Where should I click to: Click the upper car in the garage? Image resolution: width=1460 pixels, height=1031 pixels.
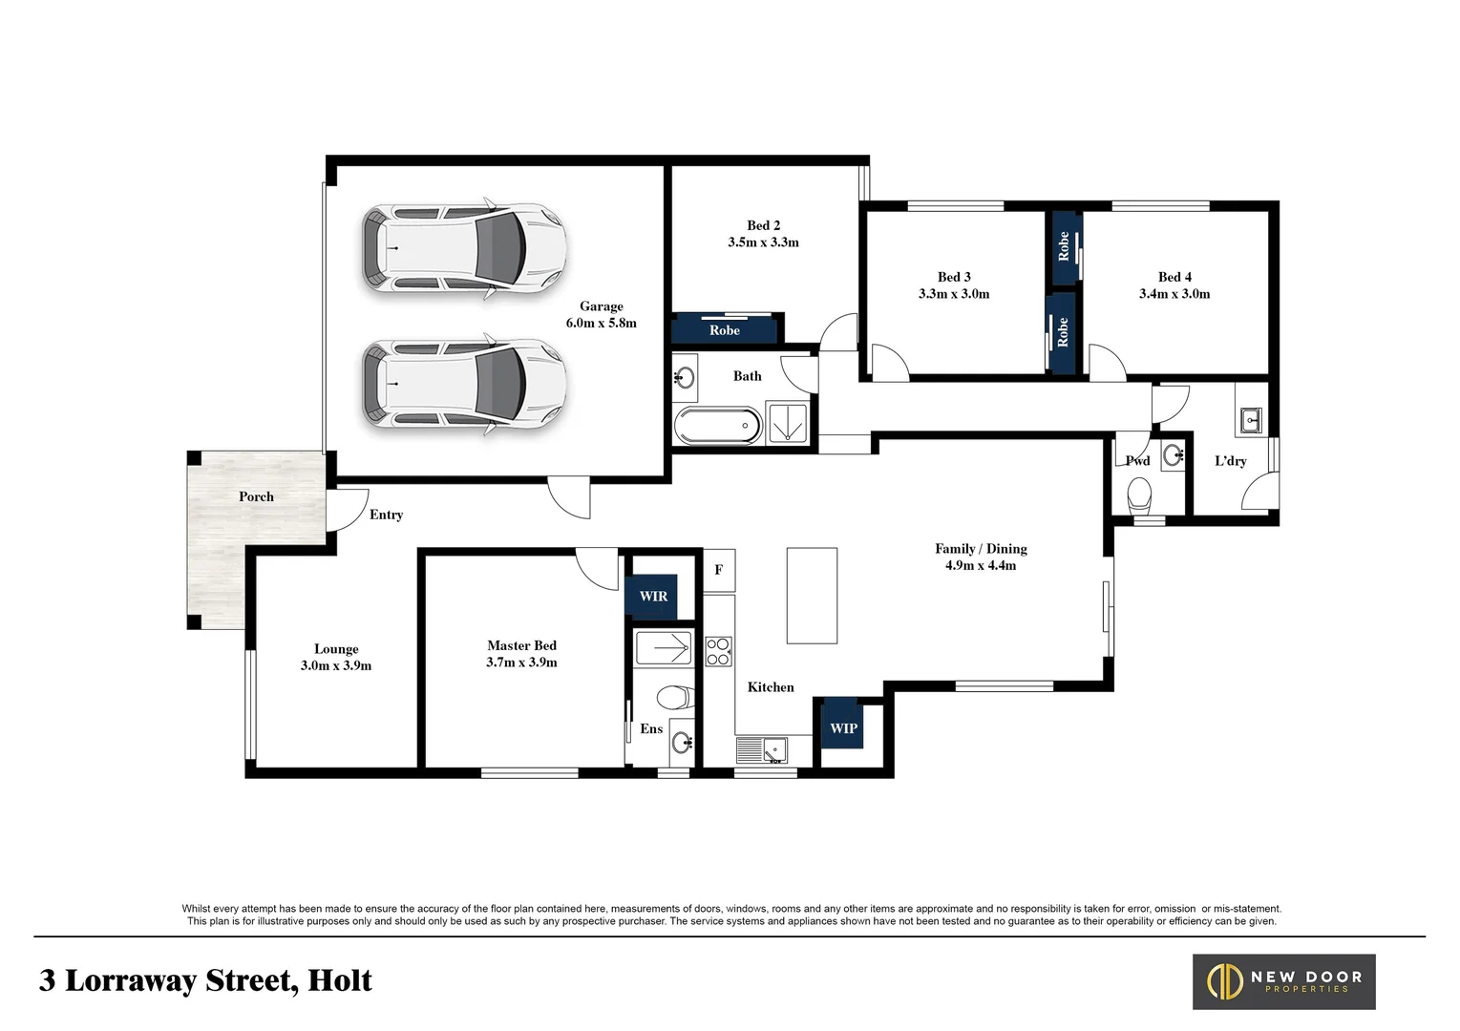coord(464,248)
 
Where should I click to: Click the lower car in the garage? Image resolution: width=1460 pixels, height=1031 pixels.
coord(464,385)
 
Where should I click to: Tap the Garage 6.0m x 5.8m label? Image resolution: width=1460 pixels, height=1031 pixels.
coord(601,315)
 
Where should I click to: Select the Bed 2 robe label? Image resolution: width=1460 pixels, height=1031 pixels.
coord(725,330)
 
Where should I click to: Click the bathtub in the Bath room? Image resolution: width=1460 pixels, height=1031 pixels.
coord(717,426)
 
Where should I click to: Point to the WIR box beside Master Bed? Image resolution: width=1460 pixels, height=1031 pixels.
coord(653,597)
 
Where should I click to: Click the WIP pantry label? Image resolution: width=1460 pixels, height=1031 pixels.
coord(843,728)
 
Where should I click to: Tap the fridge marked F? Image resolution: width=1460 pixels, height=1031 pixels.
coord(719,570)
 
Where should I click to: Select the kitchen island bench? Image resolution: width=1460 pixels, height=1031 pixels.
coord(812,596)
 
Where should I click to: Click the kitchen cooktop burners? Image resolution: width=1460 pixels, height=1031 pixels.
coord(718,651)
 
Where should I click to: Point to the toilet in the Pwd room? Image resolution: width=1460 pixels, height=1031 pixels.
coord(1139,494)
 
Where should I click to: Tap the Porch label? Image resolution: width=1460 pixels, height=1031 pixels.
coord(256,496)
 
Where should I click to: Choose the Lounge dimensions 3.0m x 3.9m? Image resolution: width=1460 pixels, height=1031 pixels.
coord(336,665)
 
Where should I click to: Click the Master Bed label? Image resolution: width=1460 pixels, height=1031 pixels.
coord(521,645)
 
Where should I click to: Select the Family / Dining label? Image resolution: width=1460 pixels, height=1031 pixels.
coord(981,549)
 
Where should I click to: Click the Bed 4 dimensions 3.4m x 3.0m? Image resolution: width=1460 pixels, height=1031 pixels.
coord(1174,294)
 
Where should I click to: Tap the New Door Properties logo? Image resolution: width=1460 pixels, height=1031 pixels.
coord(1283,981)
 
